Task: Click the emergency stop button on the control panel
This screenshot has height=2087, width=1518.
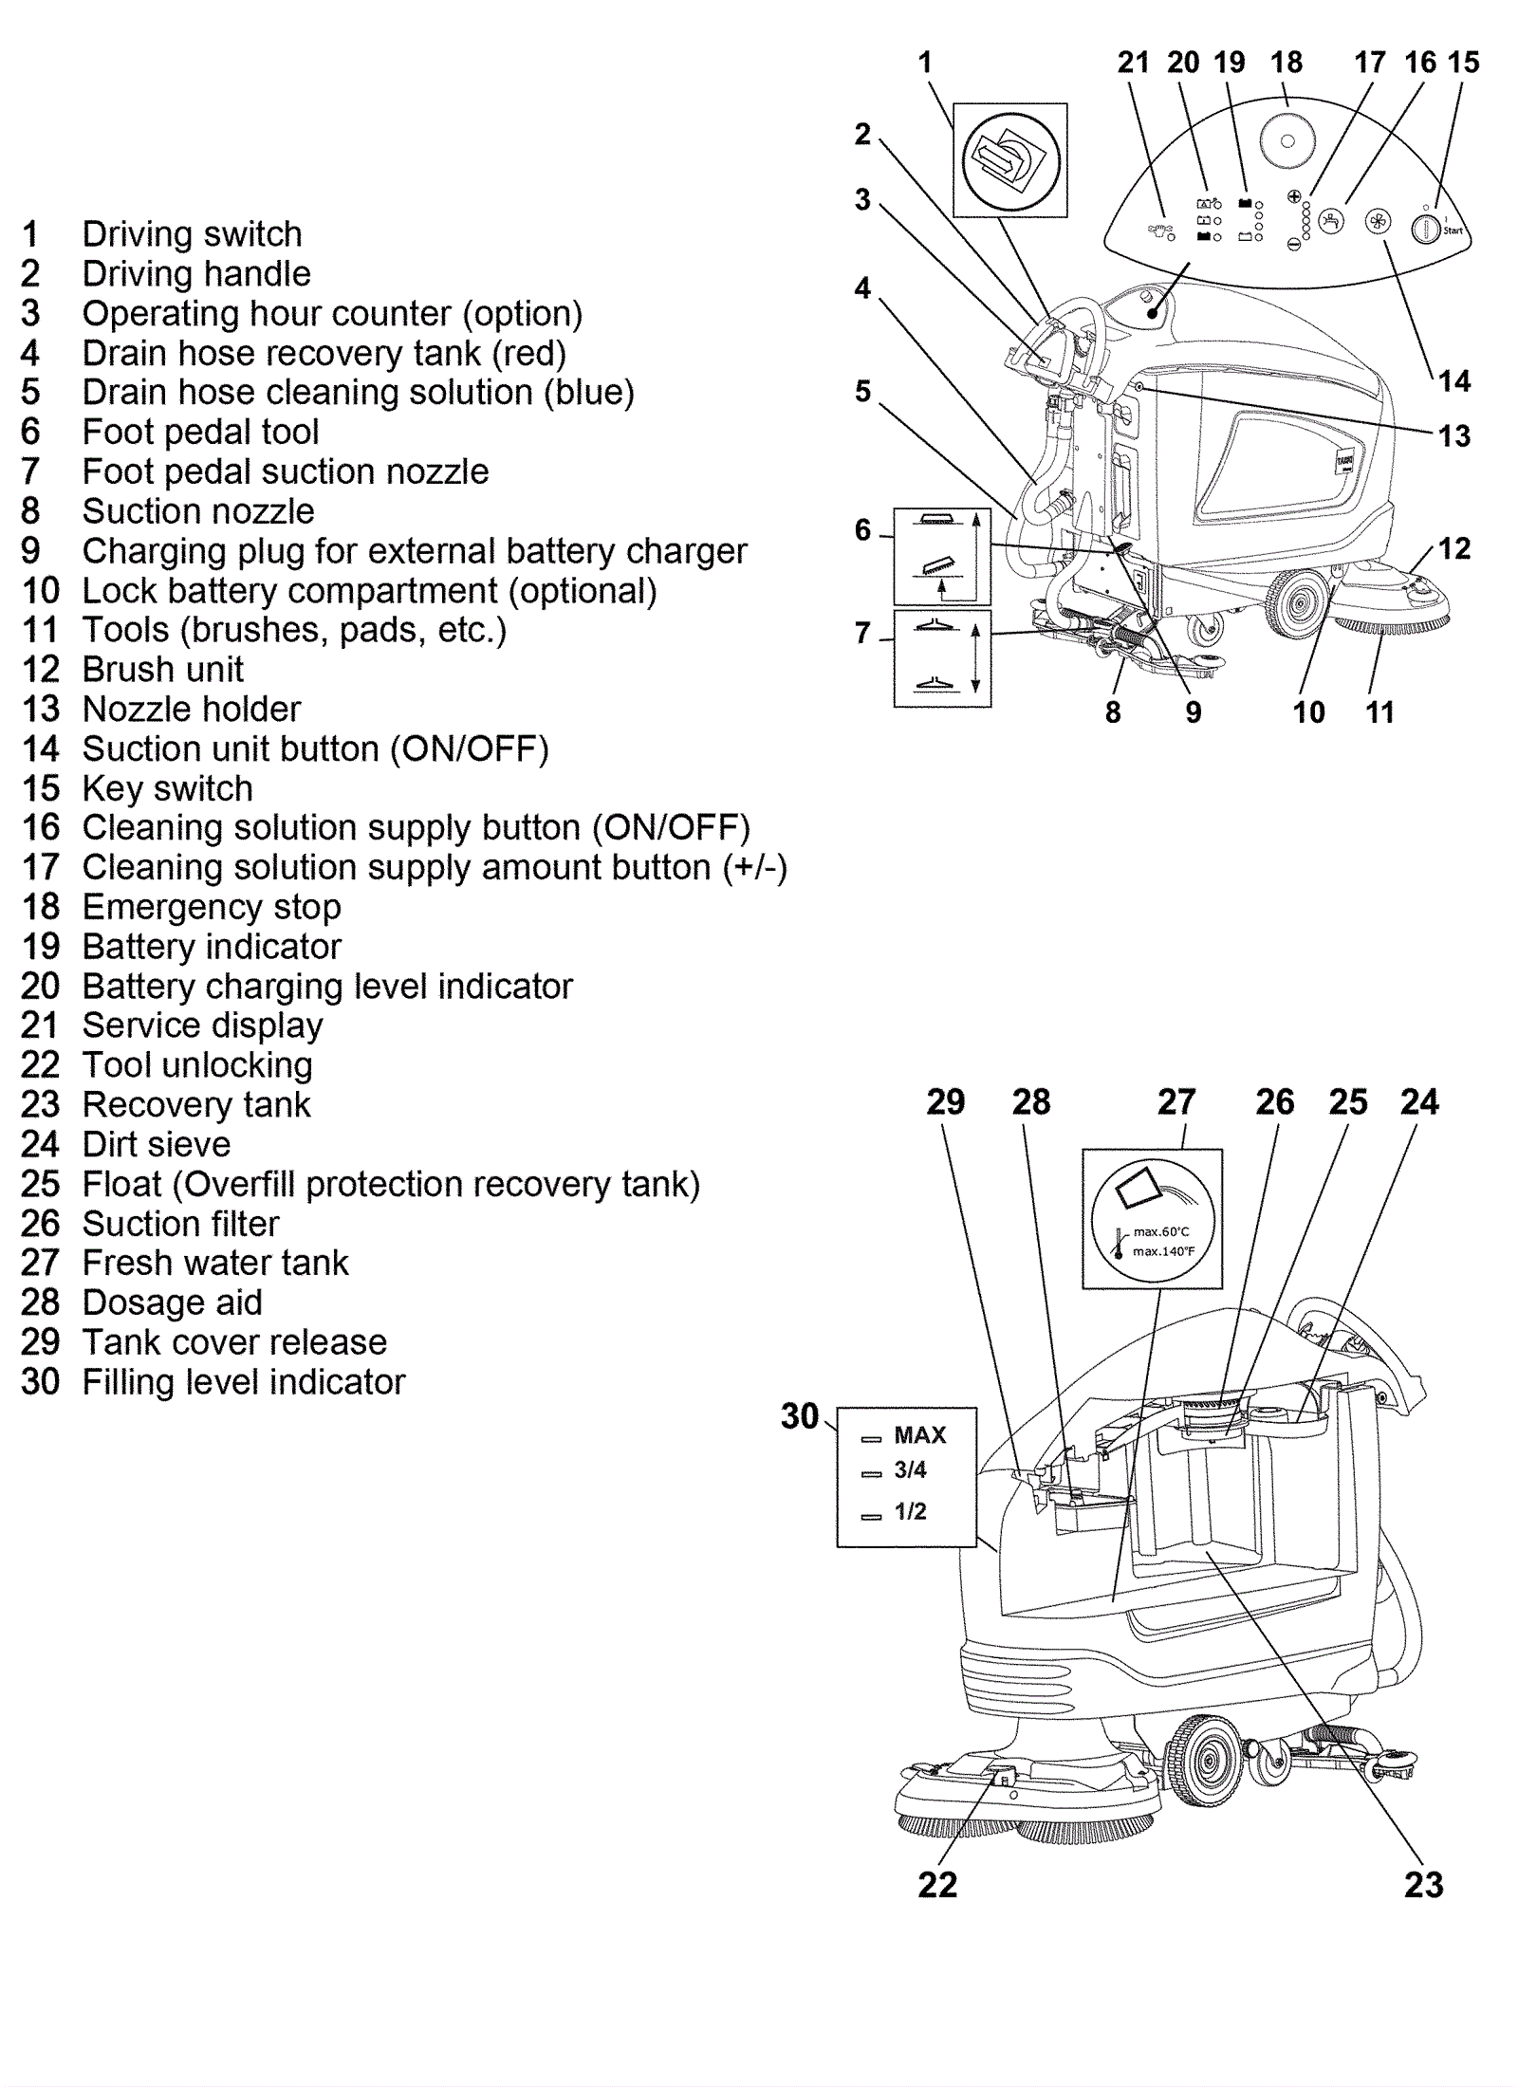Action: tap(1287, 141)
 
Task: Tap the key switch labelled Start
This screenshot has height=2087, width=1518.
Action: tap(1425, 229)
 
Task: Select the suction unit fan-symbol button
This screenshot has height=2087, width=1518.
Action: tap(1378, 223)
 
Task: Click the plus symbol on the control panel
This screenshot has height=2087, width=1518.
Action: tap(1293, 196)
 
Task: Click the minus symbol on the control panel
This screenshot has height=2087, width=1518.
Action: tap(1293, 244)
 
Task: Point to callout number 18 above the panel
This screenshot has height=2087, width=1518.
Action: tap(1286, 63)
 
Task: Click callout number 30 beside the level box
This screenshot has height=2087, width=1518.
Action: tap(799, 1416)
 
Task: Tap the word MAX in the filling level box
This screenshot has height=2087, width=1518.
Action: tap(919, 1435)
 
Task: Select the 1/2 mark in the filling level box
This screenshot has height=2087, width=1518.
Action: tap(909, 1511)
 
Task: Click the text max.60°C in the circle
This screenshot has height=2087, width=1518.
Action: tap(1160, 1231)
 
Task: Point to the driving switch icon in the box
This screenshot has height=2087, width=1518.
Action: tap(1009, 159)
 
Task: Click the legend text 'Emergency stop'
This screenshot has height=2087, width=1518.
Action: tap(212, 907)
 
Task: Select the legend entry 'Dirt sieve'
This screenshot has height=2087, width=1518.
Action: tap(156, 1144)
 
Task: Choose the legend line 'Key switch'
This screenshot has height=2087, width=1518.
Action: tap(167, 788)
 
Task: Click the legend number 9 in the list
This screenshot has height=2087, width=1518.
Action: tap(30, 550)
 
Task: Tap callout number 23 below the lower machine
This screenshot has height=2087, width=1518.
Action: tap(1423, 1885)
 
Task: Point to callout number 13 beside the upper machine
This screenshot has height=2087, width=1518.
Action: tap(1453, 436)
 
